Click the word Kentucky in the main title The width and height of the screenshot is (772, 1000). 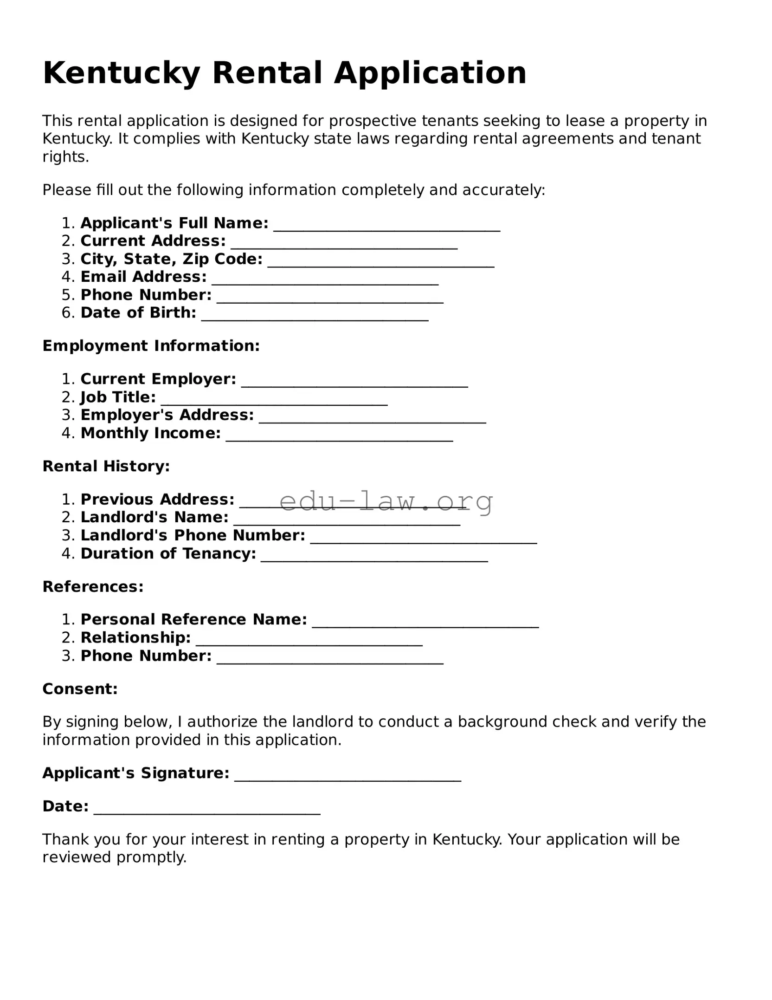click(122, 73)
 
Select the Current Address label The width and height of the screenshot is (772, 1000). click(153, 241)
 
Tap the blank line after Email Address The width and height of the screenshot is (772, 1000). click(325, 281)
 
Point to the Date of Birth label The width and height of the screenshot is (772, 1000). click(138, 313)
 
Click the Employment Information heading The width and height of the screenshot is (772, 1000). click(151, 346)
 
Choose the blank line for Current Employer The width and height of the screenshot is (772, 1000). click(354, 383)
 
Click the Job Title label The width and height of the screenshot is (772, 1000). click(118, 397)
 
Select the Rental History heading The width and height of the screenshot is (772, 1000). click(106, 466)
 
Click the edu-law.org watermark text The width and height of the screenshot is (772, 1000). click(386, 501)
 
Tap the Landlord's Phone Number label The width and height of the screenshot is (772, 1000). click(193, 535)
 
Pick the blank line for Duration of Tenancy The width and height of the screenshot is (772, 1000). click(374, 558)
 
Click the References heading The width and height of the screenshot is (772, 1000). click(93, 587)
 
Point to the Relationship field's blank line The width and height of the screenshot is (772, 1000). click(309, 642)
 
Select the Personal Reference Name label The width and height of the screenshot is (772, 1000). click(193, 619)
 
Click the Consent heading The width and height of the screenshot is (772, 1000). click(80, 689)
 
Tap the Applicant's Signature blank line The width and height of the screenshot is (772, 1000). click(347, 778)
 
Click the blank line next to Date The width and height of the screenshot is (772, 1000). click(207, 811)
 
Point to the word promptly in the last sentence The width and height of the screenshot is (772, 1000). click(151, 857)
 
